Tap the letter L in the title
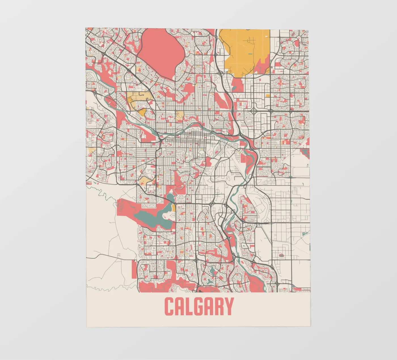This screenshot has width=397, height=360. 191,306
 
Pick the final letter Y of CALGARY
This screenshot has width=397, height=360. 229,306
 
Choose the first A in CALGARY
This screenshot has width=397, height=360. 181,306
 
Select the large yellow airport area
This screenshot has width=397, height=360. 244,51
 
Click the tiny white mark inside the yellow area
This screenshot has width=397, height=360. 266,36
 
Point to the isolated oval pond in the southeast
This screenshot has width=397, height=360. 281,255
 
